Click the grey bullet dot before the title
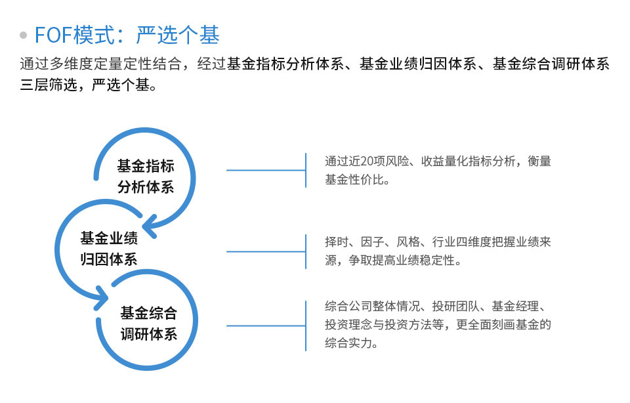(24, 35)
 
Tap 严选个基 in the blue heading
(178, 35)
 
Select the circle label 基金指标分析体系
(146, 177)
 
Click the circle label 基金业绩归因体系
(109, 248)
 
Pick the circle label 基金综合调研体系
(149, 323)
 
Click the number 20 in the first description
(367, 161)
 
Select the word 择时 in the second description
(337, 242)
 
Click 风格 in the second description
(408, 242)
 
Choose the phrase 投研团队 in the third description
(456, 306)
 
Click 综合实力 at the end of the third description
(348, 343)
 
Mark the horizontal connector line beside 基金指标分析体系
(266, 171)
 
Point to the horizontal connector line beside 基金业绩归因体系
(266, 251)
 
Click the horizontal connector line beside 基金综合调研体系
(266, 326)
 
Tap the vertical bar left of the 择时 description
(306, 251)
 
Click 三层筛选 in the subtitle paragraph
(49, 85)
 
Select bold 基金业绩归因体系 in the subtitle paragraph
(418, 64)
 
